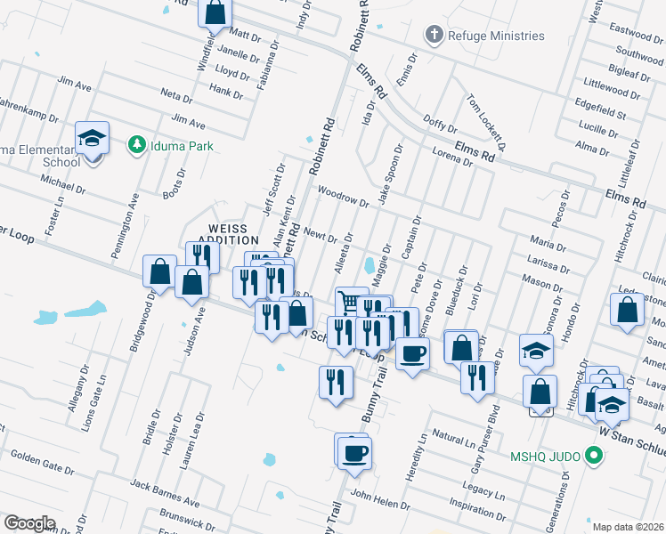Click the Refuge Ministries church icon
(x=434, y=36)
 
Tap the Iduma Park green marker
(x=136, y=145)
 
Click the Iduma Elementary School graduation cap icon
(x=92, y=138)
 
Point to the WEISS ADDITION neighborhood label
(x=227, y=234)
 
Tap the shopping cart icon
(x=352, y=303)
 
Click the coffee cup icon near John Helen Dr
(x=354, y=452)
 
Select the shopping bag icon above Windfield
(x=215, y=13)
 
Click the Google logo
(x=30, y=522)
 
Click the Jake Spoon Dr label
(x=389, y=174)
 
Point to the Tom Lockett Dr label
(x=484, y=123)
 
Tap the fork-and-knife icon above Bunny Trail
(x=335, y=383)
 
